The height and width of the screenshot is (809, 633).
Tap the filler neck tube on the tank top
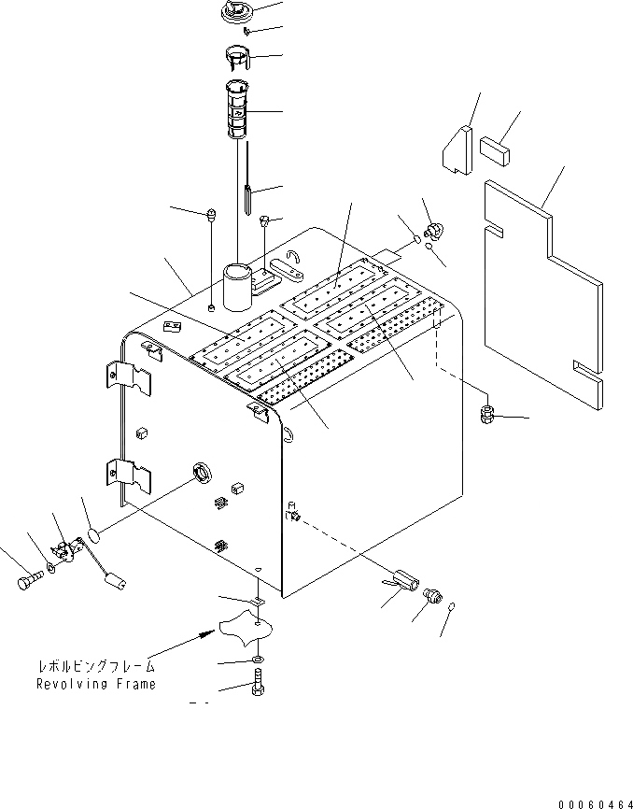(237, 284)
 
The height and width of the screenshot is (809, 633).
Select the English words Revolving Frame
(95, 684)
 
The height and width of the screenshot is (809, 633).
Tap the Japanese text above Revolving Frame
(95, 667)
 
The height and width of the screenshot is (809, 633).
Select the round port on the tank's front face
(201, 474)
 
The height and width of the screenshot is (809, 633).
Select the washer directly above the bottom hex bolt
(257, 661)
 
